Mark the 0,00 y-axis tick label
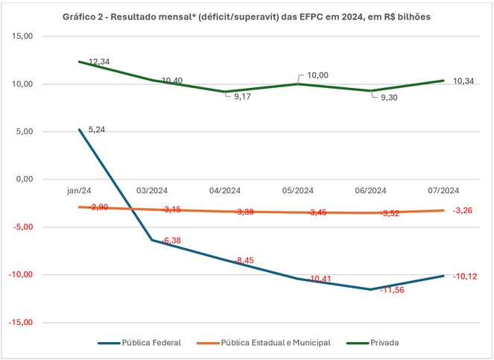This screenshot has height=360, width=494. coord(25,180)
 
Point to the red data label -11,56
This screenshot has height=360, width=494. coord(392,290)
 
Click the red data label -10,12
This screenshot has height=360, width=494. coord(465,277)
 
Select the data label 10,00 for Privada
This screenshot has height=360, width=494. coord(318,75)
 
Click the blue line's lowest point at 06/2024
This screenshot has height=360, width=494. coord(371,289)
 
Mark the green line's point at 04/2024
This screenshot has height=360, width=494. coord(225,92)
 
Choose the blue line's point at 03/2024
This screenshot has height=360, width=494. coord(153,240)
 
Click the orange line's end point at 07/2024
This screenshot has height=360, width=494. coord(444,210)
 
